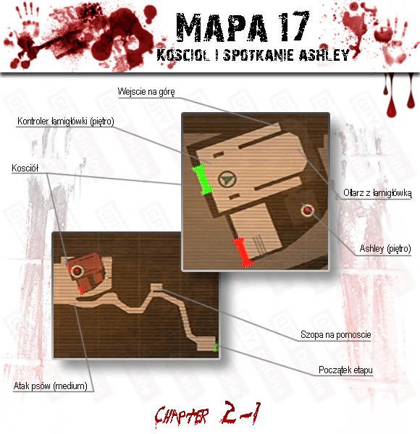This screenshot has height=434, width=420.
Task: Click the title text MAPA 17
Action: click(243, 27)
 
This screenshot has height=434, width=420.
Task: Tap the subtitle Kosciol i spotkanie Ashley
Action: click(253, 55)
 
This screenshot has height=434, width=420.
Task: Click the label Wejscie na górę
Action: click(146, 92)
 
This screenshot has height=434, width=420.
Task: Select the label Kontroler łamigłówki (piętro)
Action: click(66, 122)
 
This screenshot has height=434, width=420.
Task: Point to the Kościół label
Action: click(25, 168)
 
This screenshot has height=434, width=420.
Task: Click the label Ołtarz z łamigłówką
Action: click(377, 192)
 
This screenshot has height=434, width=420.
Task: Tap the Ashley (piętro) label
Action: click(385, 249)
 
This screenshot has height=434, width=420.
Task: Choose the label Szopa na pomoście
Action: click(336, 335)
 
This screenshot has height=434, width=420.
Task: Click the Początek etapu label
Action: click(345, 370)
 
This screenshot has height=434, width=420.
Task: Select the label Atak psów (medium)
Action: click(51, 386)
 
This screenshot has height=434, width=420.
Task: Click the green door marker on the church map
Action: click(203, 179)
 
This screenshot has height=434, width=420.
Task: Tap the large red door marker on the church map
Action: click(243, 252)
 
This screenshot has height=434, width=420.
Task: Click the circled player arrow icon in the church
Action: click(227, 179)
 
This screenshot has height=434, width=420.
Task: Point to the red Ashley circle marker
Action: click(307, 210)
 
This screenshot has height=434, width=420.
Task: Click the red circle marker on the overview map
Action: click(77, 271)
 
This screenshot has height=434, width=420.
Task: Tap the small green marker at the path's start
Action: click(216, 347)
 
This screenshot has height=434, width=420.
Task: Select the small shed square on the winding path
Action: click(156, 287)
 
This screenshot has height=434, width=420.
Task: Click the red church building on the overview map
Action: click(86, 273)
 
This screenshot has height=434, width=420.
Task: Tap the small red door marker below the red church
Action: click(81, 290)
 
